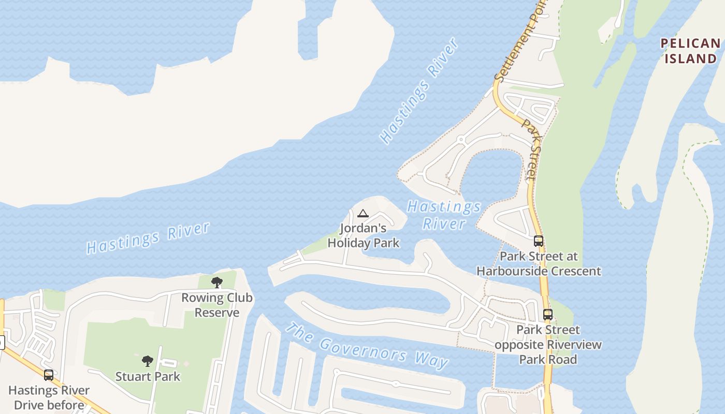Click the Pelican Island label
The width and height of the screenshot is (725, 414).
pyautogui.click(x=690, y=51)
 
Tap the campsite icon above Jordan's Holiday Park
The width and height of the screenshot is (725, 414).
pyautogui.click(x=363, y=214)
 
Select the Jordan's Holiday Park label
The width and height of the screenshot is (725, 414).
pyautogui.click(x=364, y=235)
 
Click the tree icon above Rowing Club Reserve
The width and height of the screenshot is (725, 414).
pyautogui.click(x=217, y=283)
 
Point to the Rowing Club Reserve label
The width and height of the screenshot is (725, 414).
pyautogui.click(x=216, y=305)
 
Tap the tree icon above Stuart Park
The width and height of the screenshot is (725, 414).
pyautogui.click(x=148, y=361)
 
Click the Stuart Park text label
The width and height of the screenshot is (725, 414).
pyautogui.click(x=148, y=376)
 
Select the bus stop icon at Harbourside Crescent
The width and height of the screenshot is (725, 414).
pyautogui.click(x=539, y=241)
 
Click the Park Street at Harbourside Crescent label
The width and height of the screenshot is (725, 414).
pyautogui.click(x=539, y=263)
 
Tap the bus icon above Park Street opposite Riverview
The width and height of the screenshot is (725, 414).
pyautogui.click(x=547, y=314)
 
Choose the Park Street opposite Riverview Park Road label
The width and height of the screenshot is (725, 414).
pyautogui.click(x=548, y=344)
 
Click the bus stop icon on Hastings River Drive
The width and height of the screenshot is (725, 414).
pyautogui.click(x=49, y=375)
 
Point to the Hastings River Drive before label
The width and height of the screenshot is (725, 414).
pyautogui.click(x=49, y=397)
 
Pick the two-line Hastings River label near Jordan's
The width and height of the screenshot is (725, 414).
pyautogui.click(x=444, y=215)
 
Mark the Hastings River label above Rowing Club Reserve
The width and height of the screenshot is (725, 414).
pyautogui.click(x=148, y=238)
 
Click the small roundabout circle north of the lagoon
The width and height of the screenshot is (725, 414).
pyautogui.click(x=460, y=139)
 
